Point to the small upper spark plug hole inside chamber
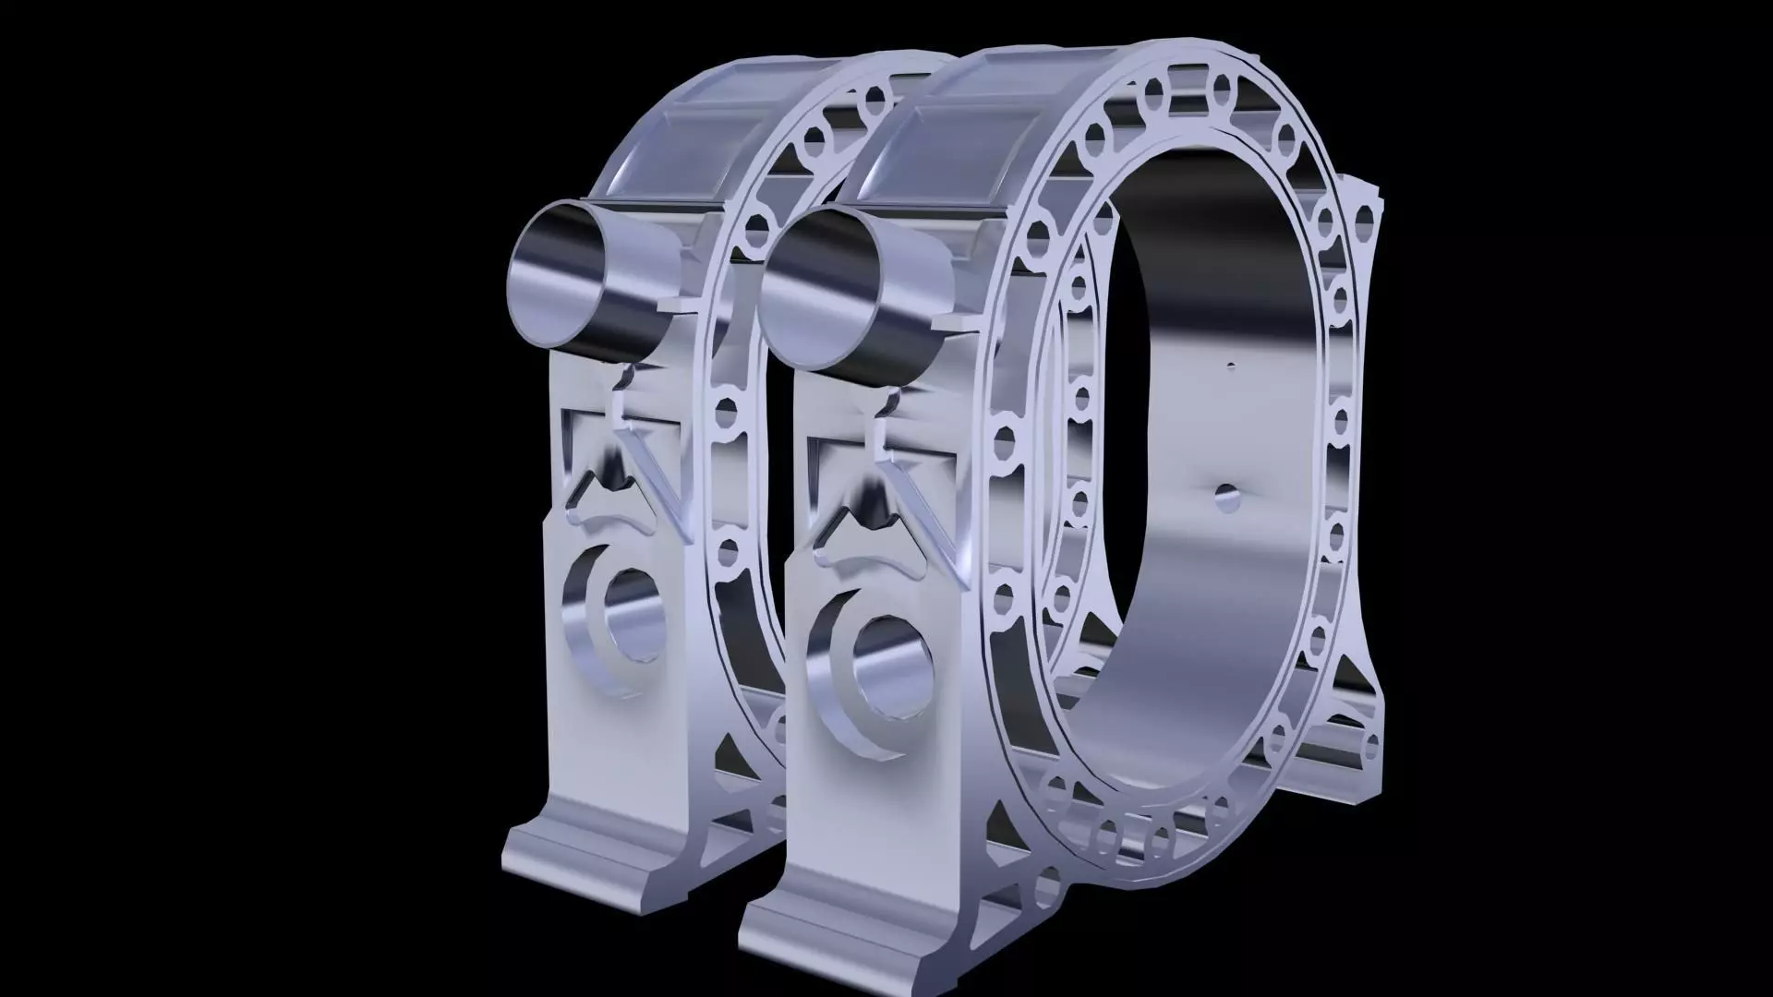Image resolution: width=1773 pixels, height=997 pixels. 1230,367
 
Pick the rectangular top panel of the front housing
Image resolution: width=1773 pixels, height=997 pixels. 942,148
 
